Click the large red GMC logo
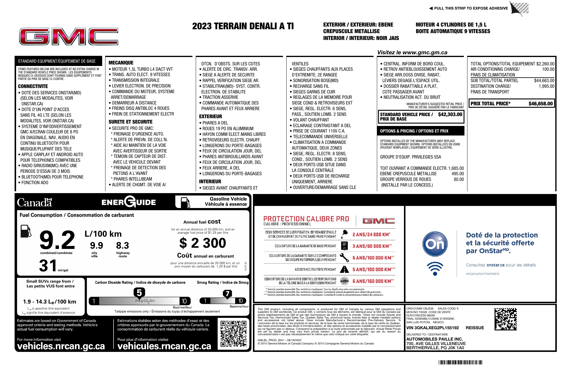point(69,37)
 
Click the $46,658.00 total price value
point(540,104)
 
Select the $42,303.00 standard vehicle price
point(450,114)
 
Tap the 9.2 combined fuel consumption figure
point(57,240)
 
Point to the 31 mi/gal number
point(48,265)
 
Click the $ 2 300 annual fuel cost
point(203,243)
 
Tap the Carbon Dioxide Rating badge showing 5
point(139,293)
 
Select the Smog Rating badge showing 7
point(227,294)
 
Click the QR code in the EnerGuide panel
point(234,334)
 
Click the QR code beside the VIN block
point(506,319)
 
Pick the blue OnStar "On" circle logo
point(435,244)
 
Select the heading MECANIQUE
point(121,63)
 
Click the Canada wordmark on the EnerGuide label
point(35,202)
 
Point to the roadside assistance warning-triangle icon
point(344,269)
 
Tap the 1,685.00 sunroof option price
point(456,168)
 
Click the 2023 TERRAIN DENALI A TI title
point(243,26)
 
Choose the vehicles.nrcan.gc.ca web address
point(61,346)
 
